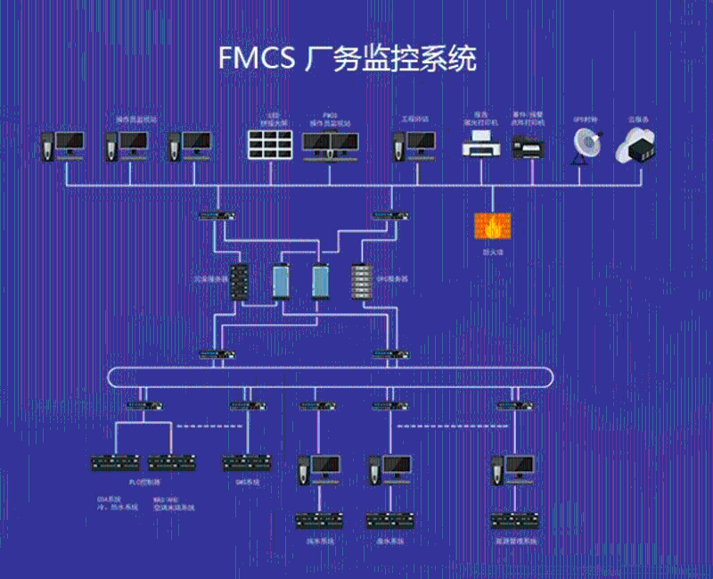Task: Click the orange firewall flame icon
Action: click(492, 227)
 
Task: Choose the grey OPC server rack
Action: click(361, 281)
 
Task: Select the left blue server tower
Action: click(282, 281)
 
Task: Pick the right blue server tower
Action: click(321, 281)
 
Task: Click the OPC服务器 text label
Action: click(392, 279)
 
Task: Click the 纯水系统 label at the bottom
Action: click(319, 541)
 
